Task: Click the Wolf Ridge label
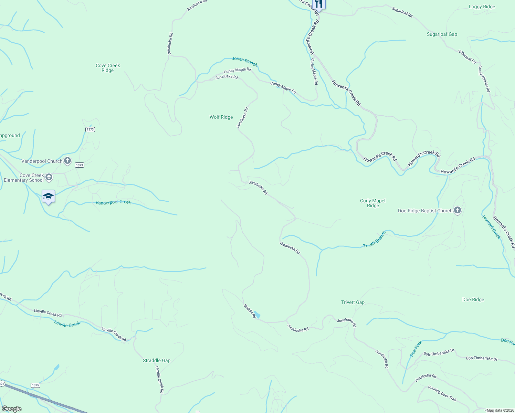[x=221, y=117]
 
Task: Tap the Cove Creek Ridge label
[x=108, y=68]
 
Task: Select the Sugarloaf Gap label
[x=442, y=34]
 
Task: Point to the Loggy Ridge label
[x=482, y=7]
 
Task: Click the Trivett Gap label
[x=353, y=303]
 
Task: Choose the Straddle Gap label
[x=156, y=361]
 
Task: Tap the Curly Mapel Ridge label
[x=372, y=203]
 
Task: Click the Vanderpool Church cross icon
[x=67, y=160]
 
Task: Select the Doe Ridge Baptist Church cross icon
[x=457, y=210]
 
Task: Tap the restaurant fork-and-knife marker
[x=319, y=4]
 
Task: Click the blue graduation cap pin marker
[x=48, y=197]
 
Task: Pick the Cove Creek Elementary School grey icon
[x=49, y=177]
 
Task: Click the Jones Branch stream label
[x=244, y=61]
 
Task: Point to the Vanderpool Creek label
[x=113, y=202]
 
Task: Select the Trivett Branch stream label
[x=374, y=240]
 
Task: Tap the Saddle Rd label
[x=250, y=311]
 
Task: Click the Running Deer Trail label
[x=442, y=393]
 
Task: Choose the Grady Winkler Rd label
[x=484, y=79]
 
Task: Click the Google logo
[x=12, y=409]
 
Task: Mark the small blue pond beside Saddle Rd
[x=257, y=315]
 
